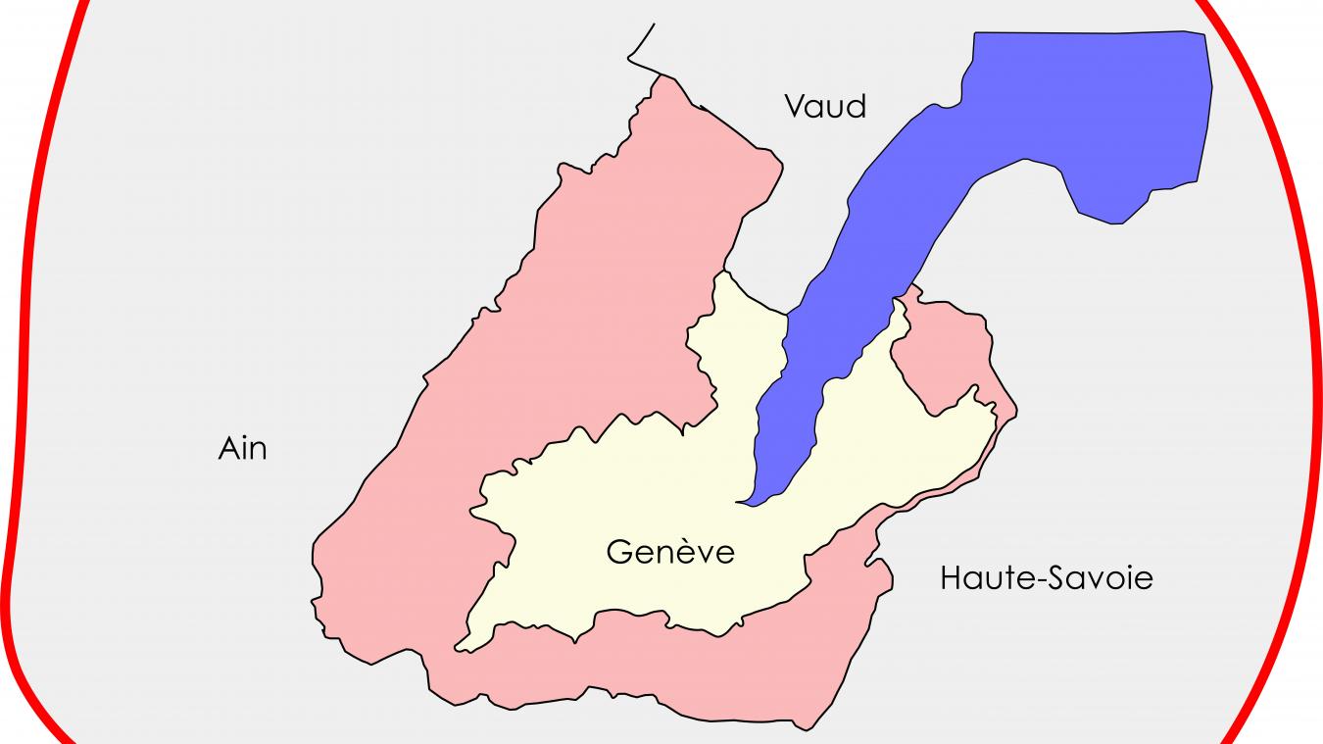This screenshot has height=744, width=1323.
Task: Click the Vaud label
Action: point(825,105)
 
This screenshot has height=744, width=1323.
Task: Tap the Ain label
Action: point(242,449)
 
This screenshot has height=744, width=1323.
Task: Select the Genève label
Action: point(669,552)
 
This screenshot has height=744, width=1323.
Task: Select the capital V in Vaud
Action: point(796,105)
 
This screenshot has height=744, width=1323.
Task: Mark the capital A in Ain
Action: point(227,449)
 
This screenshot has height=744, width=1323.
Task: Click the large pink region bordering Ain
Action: point(549,323)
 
